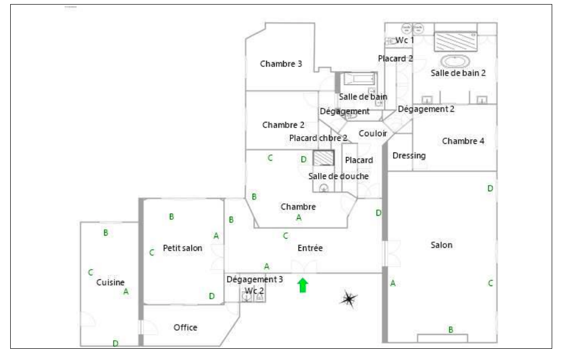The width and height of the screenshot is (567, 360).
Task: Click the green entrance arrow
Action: [x=303, y=285]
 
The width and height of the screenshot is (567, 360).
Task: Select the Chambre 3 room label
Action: [x=281, y=64]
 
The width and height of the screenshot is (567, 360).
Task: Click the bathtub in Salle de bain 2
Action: [x=456, y=62]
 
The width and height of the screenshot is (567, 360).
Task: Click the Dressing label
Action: [x=409, y=156]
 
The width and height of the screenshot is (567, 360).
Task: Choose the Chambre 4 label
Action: [x=463, y=141]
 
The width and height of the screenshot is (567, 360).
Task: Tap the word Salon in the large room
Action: [x=441, y=245]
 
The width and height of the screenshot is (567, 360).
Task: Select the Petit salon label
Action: [x=183, y=249]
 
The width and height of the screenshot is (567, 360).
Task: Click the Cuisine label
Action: [x=110, y=282]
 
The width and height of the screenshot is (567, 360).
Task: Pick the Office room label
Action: [x=185, y=327]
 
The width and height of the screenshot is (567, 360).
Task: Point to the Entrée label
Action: [x=310, y=248]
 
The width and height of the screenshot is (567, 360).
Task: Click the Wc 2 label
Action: [x=254, y=290]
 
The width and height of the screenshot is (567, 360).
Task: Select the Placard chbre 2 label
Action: [x=318, y=138]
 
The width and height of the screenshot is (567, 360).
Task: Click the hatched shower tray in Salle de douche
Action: [x=323, y=158]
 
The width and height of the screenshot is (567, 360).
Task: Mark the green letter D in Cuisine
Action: [x=115, y=343]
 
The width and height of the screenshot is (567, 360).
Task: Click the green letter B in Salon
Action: [x=451, y=330]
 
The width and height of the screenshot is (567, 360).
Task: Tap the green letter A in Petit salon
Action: [x=216, y=236]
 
